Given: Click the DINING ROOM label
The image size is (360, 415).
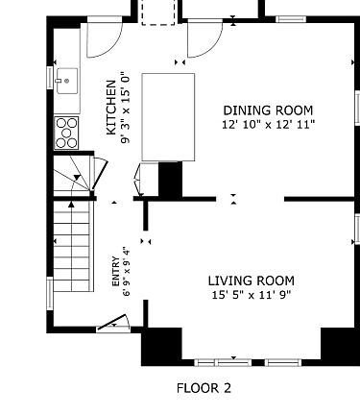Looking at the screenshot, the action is (x=268, y=110).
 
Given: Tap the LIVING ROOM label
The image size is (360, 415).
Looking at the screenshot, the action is (x=252, y=281).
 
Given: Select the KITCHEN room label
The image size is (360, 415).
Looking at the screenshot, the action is (x=110, y=108).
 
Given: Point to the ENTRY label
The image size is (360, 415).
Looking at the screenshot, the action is (x=115, y=271).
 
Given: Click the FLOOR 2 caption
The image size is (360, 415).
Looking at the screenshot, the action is (x=204, y=388).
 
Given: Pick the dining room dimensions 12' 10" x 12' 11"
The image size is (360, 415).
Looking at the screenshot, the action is (x=269, y=124).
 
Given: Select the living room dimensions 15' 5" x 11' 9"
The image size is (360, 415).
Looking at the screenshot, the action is (x=252, y=295).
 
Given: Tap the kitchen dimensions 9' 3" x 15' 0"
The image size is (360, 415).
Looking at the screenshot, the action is (x=125, y=108).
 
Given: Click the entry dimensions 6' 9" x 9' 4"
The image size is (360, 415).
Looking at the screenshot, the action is (x=127, y=271).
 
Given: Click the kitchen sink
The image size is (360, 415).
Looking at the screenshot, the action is (x=67, y=81).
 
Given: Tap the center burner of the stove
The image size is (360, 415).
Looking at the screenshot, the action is (x=66, y=133).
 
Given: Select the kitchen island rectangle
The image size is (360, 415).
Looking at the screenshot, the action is (x=168, y=117).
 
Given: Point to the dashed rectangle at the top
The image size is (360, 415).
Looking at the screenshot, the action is (x=158, y=12).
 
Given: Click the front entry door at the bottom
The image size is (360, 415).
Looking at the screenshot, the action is (x=112, y=323).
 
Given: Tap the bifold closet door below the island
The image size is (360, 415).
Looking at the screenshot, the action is (x=139, y=180).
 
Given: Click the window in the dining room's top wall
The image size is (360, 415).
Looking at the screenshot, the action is (x=291, y=19).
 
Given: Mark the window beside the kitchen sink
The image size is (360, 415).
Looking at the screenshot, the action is (x=50, y=77).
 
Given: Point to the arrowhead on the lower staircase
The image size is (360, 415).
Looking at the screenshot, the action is (x=71, y=204).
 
